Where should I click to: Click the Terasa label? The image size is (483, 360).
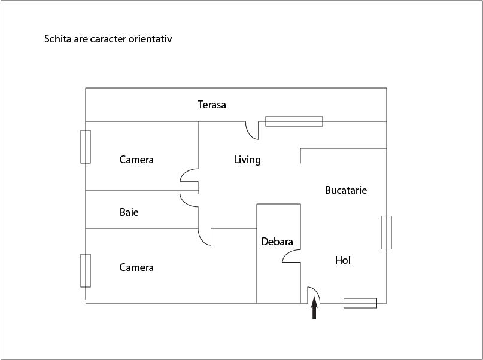click(x=212, y=105)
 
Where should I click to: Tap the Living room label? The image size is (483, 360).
click(x=247, y=160)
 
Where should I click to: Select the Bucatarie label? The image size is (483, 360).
click(x=346, y=190)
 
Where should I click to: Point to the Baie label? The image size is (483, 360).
click(x=129, y=212)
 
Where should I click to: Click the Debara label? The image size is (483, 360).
click(x=277, y=242)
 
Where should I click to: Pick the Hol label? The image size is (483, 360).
click(x=342, y=260)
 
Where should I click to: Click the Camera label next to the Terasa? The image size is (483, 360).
click(x=136, y=160)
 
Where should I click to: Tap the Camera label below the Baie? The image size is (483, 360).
click(x=136, y=267)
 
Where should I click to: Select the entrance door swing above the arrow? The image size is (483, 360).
click(x=314, y=295)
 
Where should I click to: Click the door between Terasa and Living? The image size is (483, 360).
click(x=252, y=130)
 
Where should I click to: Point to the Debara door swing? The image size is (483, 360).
click(x=291, y=256)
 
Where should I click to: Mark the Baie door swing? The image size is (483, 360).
click(x=189, y=200)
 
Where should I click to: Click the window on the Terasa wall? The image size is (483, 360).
click(x=294, y=121)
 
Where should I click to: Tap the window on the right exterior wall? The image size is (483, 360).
click(x=387, y=232)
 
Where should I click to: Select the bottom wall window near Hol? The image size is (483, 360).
click(x=360, y=303)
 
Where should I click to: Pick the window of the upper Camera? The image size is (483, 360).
click(x=86, y=147)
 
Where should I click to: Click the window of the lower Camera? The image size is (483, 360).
click(x=86, y=270)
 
